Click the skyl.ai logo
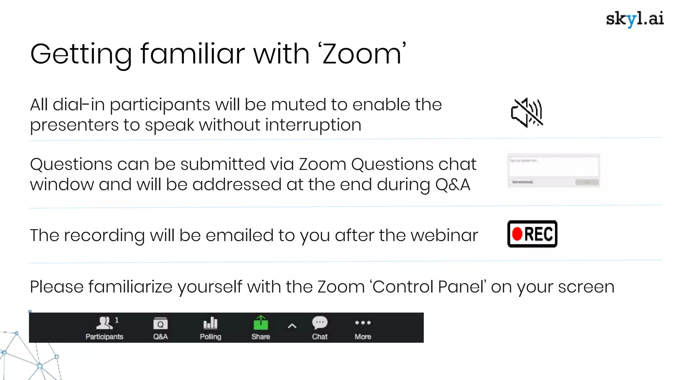tap(634, 19)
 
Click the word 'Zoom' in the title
tap(362, 54)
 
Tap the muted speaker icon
tap(527, 113)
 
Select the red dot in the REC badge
tap(517, 234)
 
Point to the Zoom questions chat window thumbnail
tap(553, 171)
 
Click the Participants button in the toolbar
tap(104, 328)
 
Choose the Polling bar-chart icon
tap(210, 324)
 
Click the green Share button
tap(261, 324)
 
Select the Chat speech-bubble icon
tap(320, 323)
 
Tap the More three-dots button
tap(363, 323)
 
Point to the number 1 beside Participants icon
tap(117, 320)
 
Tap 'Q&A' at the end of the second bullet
tap(452, 185)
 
